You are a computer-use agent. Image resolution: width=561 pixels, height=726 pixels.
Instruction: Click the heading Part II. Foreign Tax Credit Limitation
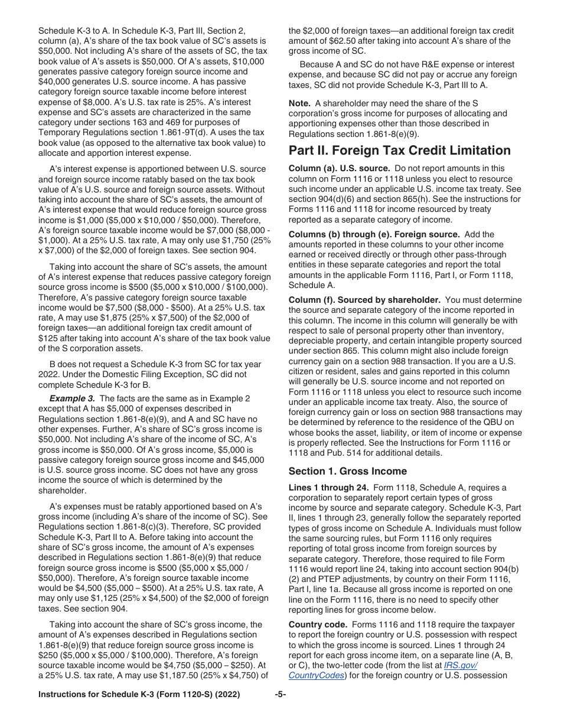[399, 150]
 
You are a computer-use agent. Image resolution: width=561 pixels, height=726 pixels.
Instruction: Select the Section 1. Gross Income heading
[347, 471]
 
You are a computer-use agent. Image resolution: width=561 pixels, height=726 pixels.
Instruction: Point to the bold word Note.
[299, 103]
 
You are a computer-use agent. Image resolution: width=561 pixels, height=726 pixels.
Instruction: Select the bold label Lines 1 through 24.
[323, 488]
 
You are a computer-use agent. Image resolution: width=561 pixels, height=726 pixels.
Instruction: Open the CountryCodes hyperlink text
[317, 675]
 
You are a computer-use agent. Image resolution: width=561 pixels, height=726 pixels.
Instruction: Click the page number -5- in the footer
[280, 695]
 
